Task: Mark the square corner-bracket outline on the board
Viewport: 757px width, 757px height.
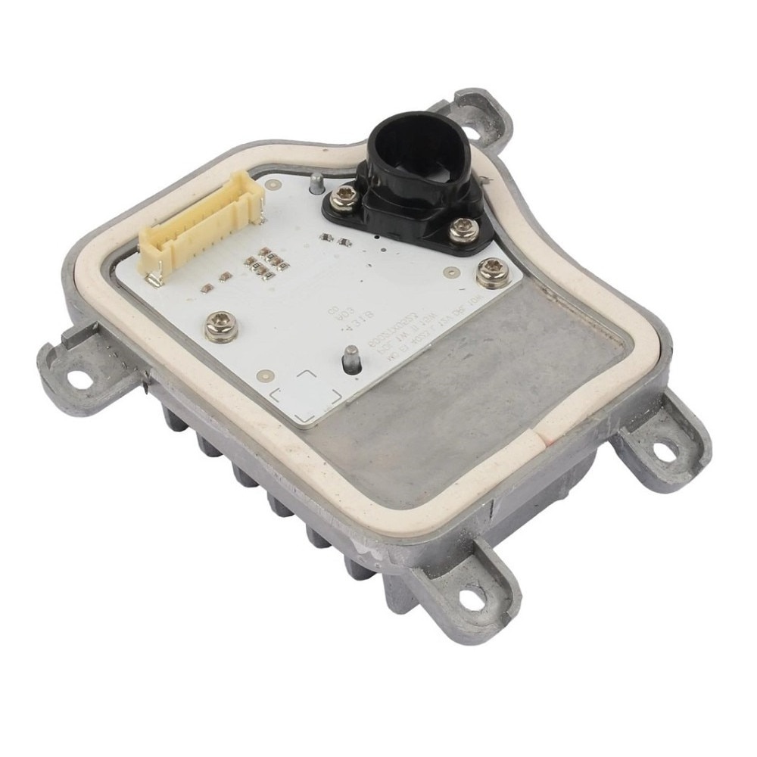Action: [306, 394]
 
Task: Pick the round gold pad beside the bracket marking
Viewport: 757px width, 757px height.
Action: [265, 375]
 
